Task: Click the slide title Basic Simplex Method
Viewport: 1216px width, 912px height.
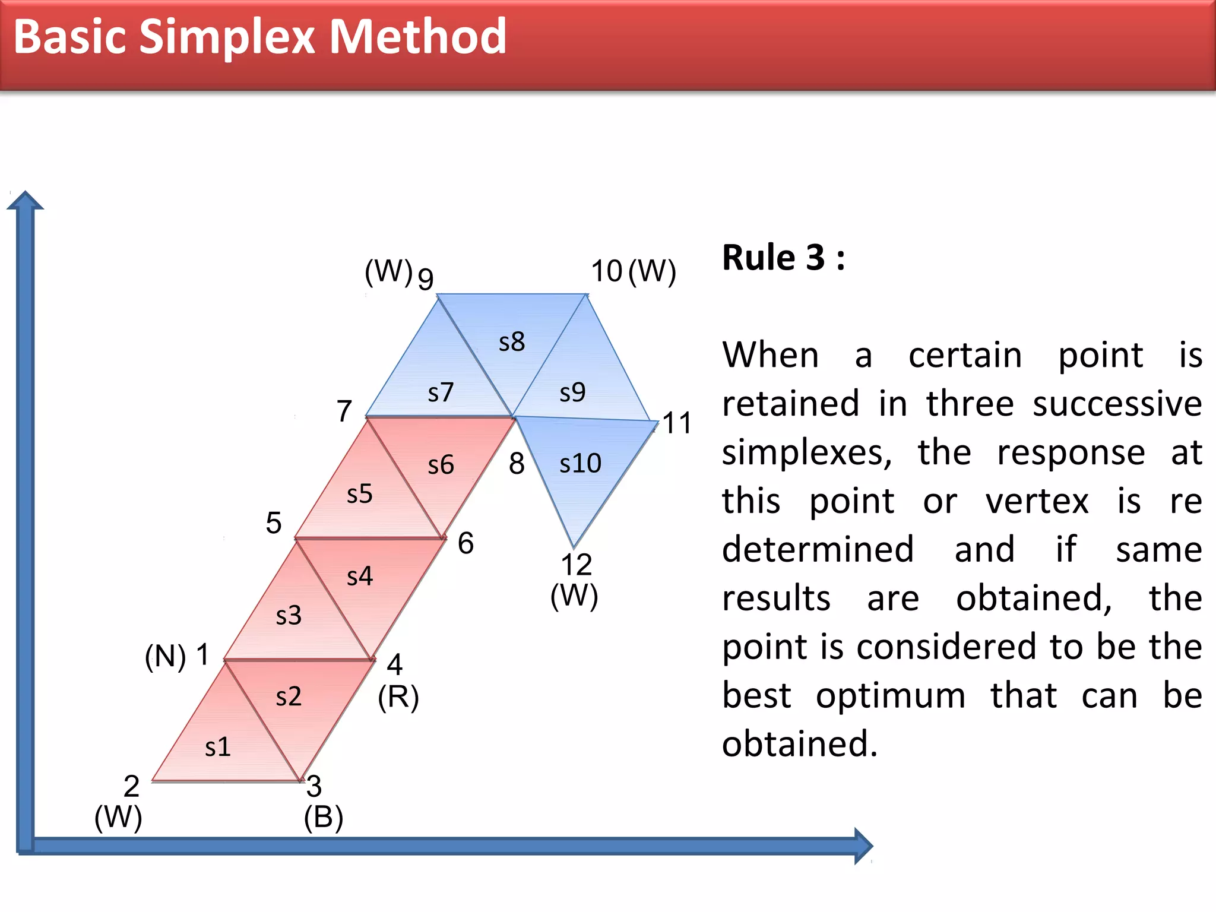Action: coord(259,37)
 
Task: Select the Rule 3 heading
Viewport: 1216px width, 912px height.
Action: coord(783,258)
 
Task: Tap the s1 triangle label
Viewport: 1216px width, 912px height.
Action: coord(217,747)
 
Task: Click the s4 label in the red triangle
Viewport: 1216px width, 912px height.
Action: coord(360,576)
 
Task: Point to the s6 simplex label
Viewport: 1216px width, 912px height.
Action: coord(441,465)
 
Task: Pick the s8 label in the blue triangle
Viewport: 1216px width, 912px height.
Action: coord(512,342)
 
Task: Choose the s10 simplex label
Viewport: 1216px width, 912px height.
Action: coord(580,463)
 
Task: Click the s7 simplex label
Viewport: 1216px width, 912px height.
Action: coord(441,392)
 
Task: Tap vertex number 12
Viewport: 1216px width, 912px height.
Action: coord(576,564)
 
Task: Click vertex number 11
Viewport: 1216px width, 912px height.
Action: coord(677,423)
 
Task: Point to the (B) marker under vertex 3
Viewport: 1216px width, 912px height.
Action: coord(324,818)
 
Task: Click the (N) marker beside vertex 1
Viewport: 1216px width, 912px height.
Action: coord(165,657)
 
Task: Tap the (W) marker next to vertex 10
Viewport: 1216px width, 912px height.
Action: coord(652,271)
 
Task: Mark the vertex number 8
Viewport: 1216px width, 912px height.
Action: coord(517,463)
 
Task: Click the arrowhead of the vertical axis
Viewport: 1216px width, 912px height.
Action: coord(25,201)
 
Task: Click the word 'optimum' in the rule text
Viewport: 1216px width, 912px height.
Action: coord(890,695)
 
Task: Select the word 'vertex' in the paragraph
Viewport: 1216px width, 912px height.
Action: coord(1037,501)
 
